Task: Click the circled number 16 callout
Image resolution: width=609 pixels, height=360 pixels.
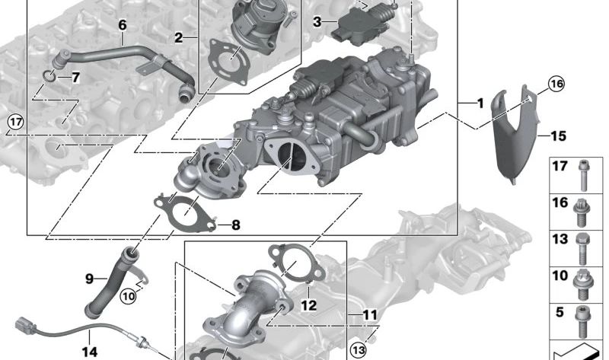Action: (556, 84)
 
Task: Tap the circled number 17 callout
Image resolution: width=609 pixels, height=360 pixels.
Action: (16, 123)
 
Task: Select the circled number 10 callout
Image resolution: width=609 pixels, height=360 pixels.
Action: (129, 297)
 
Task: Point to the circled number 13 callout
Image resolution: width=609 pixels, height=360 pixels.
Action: (358, 351)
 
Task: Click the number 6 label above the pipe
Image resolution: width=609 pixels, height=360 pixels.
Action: (123, 25)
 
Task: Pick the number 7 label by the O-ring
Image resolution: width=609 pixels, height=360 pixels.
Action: (75, 78)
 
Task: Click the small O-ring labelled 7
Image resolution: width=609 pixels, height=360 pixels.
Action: (49, 77)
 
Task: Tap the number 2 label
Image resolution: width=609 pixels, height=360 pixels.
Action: (178, 38)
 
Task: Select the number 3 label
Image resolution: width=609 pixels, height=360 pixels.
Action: (317, 22)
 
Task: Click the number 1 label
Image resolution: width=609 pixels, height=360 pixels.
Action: (480, 104)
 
